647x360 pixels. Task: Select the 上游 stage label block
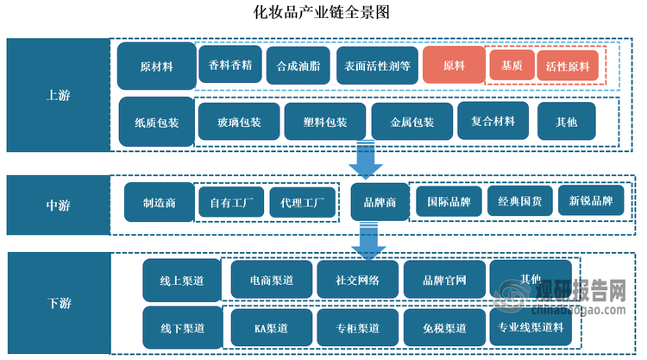pos(58,95)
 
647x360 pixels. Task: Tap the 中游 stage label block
pos(58,205)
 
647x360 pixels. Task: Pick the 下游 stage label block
pos(58,303)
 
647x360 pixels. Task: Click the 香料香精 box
pos(230,65)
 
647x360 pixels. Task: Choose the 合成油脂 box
pos(298,65)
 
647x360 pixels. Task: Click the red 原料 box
pos(453,66)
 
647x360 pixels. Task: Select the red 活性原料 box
pos(568,66)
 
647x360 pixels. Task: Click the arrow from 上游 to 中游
pos(365,160)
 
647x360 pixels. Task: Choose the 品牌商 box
pos(380,203)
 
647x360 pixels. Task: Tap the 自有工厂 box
pos(230,204)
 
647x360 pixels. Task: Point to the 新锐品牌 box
pos(591,202)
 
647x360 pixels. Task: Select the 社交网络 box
pos(356,280)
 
